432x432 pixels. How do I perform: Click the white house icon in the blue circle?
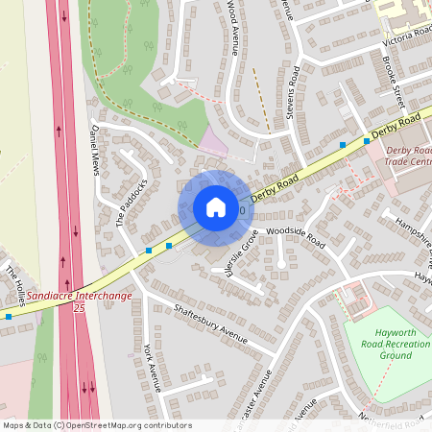click(215, 207)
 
